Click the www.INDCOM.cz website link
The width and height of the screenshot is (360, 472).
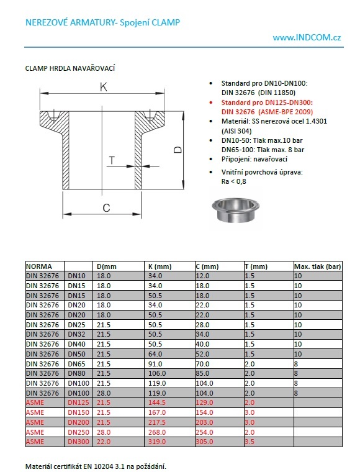tap(307, 38)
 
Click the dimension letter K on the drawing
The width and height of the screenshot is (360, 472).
tap(104, 88)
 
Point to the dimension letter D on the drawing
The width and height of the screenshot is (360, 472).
tap(178, 150)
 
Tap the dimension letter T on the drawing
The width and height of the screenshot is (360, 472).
tap(112, 161)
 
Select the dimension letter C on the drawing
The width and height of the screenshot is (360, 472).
tap(106, 207)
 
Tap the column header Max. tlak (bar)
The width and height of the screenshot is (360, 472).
tap(318, 266)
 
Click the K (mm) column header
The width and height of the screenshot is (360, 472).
tap(161, 266)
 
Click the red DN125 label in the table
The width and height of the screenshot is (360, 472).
tap(78, 402)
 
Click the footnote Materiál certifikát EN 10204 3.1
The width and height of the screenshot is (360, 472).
tap(96, 465)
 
